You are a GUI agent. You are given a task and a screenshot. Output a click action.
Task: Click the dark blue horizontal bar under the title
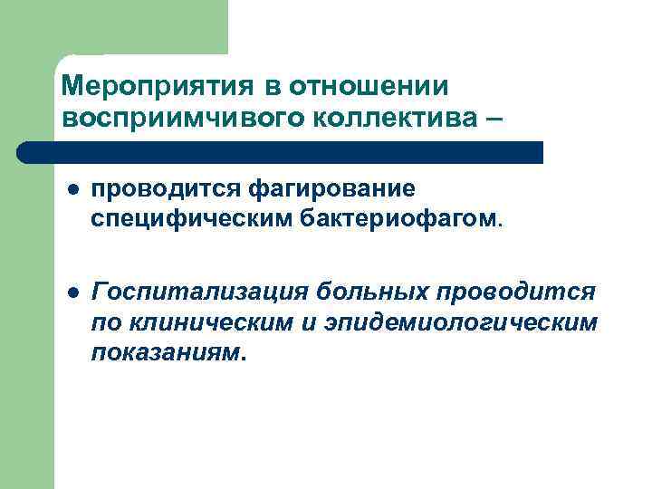(281, 152)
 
